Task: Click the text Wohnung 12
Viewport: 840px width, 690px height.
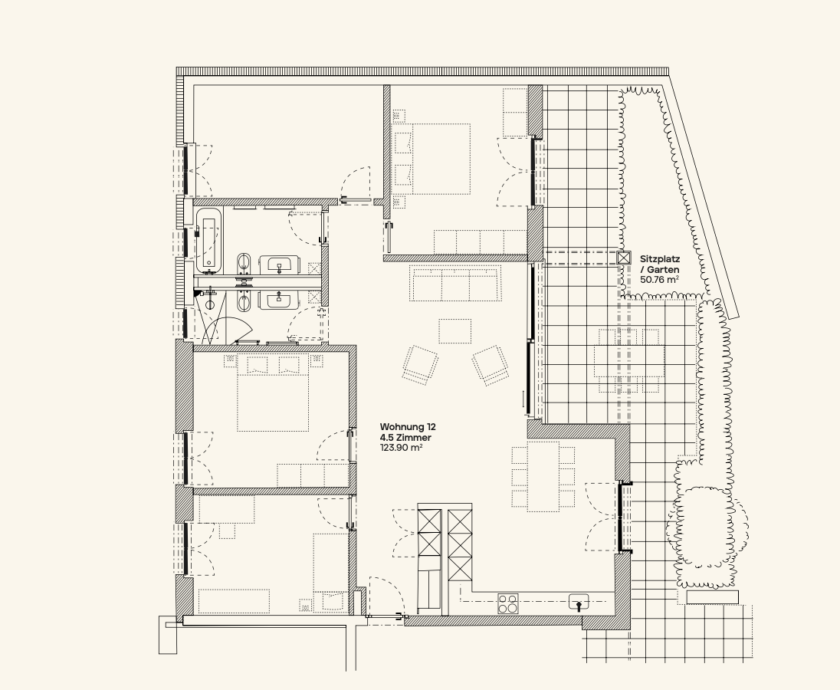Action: (408, 427)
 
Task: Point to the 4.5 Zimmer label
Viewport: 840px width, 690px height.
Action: (405, 438)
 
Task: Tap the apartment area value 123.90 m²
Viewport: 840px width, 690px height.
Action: (402, 448)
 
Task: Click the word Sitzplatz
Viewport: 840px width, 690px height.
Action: (660, 259)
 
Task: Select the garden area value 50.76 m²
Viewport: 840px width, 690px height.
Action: (660, 280)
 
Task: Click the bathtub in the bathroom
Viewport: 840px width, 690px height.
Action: (208, 241)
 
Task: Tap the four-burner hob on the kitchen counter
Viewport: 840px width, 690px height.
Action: (508, 604)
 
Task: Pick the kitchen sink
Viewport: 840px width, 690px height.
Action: (579, 603)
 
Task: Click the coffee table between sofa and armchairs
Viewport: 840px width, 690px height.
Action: (454, 331)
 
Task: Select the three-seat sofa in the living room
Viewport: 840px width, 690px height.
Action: (454, 283)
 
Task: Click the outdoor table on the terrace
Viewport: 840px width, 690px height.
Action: (629, 361)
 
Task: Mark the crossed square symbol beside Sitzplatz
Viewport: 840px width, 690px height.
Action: (624, 258)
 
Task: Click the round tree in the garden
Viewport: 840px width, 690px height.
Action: (707, 527)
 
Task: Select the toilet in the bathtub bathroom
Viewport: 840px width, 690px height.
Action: (244, 264)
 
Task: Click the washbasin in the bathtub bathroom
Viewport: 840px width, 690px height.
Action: (278, 264)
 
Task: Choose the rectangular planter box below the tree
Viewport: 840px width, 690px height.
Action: (713, 597)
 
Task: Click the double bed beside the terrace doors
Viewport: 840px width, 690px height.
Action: (432, 159)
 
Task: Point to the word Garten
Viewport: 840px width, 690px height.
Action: (663, 270)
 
